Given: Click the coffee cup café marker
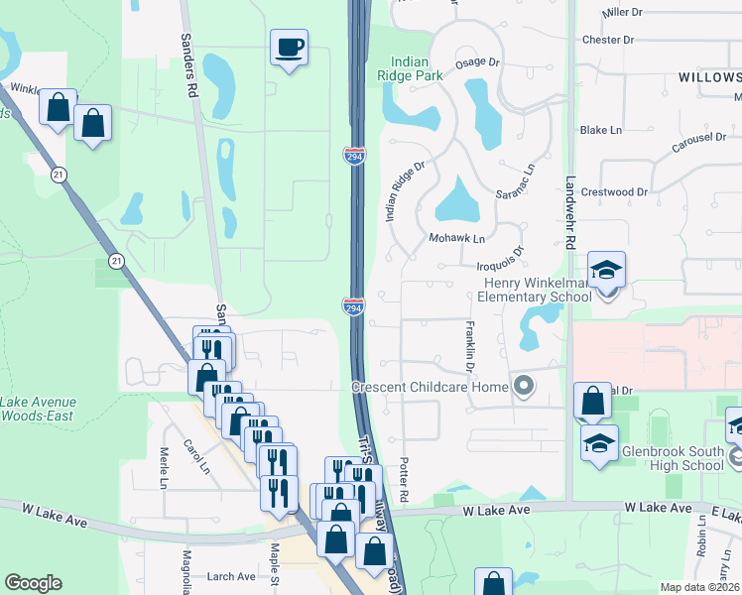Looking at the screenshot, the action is pos(289,48).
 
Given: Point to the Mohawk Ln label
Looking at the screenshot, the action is pos(456,239).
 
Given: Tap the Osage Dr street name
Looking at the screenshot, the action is pos(477,61).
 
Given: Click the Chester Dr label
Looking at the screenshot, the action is pos(608,41).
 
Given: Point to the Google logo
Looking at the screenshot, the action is pos(33,583).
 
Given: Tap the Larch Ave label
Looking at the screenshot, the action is pos(232,576).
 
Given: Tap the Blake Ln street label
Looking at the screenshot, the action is pos(600,130).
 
